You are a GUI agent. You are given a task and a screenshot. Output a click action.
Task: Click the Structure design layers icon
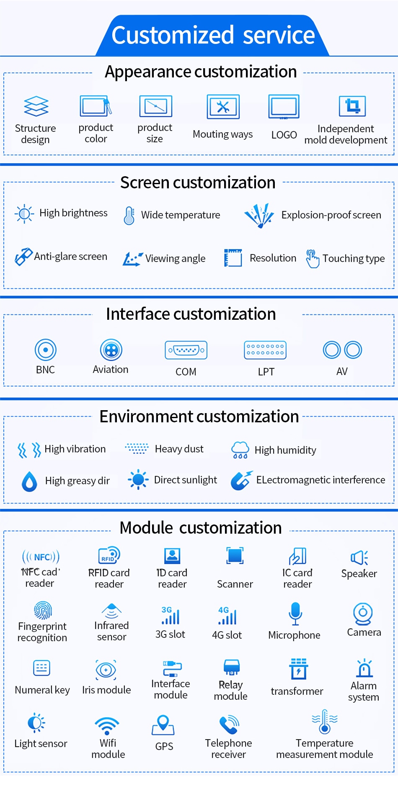36,106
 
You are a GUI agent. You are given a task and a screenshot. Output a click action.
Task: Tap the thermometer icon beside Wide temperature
129,216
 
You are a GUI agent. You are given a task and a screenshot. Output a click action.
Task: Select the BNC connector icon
46,350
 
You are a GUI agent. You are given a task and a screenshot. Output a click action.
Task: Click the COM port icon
186,350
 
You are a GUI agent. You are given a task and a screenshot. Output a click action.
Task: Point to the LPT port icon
265,350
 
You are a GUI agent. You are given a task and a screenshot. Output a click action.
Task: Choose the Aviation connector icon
111,350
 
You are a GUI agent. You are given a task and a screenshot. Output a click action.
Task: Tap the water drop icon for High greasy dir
29,481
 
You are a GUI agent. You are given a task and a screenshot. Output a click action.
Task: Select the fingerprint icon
43,610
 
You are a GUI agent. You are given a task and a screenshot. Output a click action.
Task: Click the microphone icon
295,614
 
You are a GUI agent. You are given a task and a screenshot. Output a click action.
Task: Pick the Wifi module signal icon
107,726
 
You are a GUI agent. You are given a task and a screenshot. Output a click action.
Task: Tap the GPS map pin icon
163,725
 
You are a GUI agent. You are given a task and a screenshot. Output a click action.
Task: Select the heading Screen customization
198,182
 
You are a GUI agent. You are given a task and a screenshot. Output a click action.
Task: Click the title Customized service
213,35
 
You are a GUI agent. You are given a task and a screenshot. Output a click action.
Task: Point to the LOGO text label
284,135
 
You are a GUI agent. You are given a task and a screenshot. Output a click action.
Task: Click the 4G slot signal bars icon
227,616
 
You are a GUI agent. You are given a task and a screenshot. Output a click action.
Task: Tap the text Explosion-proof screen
331,215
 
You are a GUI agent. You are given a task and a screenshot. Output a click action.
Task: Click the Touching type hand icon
313,259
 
